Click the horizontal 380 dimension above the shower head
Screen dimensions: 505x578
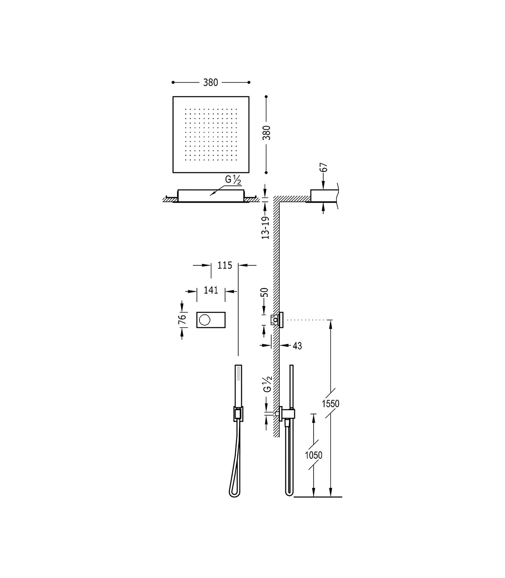click(211, 83)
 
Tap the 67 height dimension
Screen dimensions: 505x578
click(324, 167)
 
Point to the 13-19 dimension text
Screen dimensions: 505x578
click(266, 227)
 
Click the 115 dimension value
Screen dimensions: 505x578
click(225, 265)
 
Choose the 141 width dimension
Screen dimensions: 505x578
click(211, 290)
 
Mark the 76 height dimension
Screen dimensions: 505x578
click(182, 319)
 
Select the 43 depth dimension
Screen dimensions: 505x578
click(298, 346)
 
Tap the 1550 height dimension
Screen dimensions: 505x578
click(331, 404)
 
